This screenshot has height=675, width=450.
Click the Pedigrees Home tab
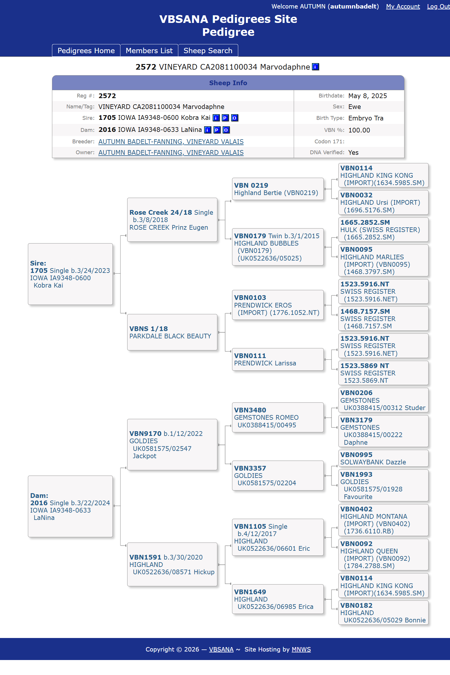[86, 51]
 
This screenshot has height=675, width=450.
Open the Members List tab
[149, 51]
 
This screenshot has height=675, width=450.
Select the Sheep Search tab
[208, 51]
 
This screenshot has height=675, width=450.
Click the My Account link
[403, 6]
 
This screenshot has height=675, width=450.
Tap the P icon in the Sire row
[225, 118]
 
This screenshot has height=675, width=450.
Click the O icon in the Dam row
[226, 130]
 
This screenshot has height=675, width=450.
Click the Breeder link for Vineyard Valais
[171, 142]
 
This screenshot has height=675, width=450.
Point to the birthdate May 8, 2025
[367, 96]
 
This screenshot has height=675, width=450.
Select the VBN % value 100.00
[359, 130]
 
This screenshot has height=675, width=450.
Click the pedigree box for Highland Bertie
[277, 189]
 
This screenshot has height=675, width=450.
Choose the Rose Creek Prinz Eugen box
[172, 220]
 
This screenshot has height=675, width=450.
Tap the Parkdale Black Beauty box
[172, 332]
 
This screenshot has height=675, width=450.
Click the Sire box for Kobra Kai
[70, 274]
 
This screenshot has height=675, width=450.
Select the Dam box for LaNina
[70, 506]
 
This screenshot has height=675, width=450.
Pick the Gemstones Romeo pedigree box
[277, 417]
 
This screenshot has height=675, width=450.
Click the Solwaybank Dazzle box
[383, 458]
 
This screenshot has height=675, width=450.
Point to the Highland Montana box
[383, 520]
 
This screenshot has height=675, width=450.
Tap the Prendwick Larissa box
[277, 359]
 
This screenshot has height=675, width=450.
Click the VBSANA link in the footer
[221, 649]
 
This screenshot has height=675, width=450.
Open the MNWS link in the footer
[301, 649]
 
